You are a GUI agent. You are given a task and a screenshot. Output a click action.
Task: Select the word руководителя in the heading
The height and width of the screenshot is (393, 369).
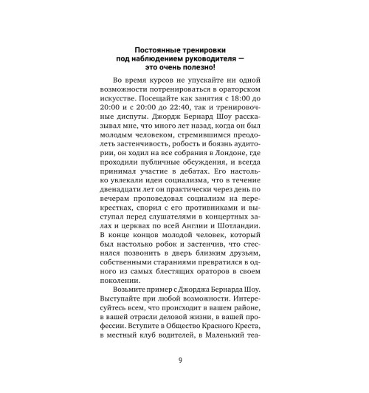[x=202, y=59]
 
